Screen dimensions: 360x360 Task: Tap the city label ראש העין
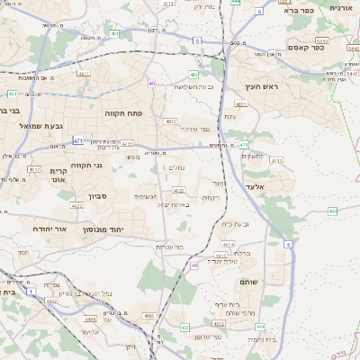263,87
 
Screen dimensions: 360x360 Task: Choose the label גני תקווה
85,165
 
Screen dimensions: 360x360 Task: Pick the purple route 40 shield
153,83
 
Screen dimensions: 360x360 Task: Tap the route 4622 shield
76,205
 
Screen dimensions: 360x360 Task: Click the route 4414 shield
229,244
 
